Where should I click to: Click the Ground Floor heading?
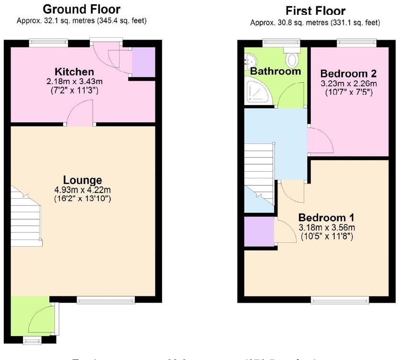point(81,9)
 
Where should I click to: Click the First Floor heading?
point(315,11)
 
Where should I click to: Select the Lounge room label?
point(82,180)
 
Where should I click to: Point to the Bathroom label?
point(276,71)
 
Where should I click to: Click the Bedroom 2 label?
point(348,74)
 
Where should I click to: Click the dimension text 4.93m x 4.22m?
point(82,190)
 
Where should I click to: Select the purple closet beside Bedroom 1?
point(259,232)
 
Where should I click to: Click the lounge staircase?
point(26,218)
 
